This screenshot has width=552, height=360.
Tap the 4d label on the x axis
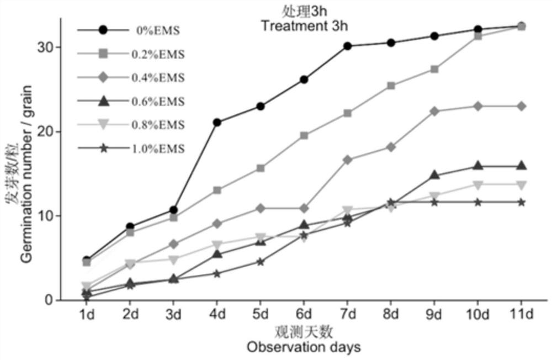coord(217,314)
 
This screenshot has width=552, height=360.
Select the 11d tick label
coord(521,314)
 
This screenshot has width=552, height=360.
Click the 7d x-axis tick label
coord(348,314)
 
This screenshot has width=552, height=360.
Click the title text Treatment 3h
coord(304,25)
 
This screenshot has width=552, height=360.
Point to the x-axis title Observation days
coord(304,347)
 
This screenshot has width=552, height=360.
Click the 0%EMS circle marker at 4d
coord(217,122)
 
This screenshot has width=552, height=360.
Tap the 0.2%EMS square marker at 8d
coord(391,86)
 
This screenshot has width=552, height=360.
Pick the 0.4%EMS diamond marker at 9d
coord(434,111)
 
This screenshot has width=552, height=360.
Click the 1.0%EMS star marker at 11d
coord(521,202)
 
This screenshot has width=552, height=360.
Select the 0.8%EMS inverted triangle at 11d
coord(521,184)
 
